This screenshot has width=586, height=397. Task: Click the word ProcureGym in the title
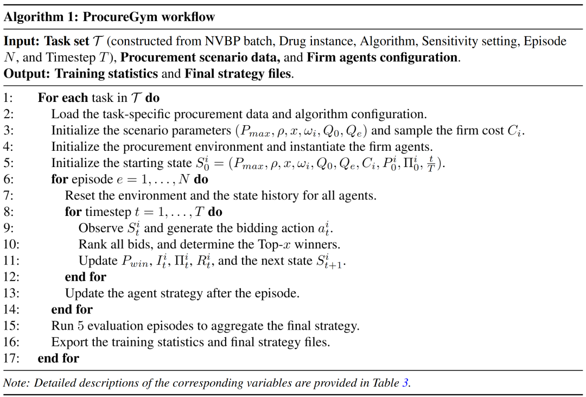pos(116,17)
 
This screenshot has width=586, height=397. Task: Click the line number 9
pos(9,228)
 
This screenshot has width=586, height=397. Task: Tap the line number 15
pos(11,326)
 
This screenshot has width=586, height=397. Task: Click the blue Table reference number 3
pos(405,383)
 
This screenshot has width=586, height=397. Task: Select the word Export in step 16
pos(68,342)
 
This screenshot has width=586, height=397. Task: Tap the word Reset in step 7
pos(80,195)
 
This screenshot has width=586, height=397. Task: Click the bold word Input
pos(21,41)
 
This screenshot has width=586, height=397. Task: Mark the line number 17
pos(11,358)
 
